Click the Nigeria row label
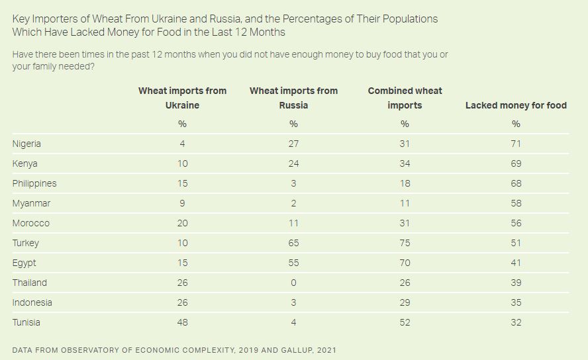tap(26, 144)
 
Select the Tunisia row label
tap(26, 322)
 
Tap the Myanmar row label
tap(31, 203)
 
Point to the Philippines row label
tap(34, 183)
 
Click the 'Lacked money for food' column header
tap(516, 105)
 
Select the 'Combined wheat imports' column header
tap(405, 98)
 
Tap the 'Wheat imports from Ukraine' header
tap(182, 98)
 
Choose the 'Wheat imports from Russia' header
tap(293, 98)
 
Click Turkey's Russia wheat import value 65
tap(293, 243)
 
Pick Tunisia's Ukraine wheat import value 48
tap(182, 322)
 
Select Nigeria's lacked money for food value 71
tap(516, 144)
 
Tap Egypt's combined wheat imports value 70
tap(405, 263)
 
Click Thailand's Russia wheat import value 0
tap(293, 283)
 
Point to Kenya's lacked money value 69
tap(516, 163)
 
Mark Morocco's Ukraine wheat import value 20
tap(182, 223)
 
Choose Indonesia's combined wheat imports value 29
tap(405, 302)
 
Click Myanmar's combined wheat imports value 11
tap(405, 203)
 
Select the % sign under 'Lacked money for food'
tap(516, 124)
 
